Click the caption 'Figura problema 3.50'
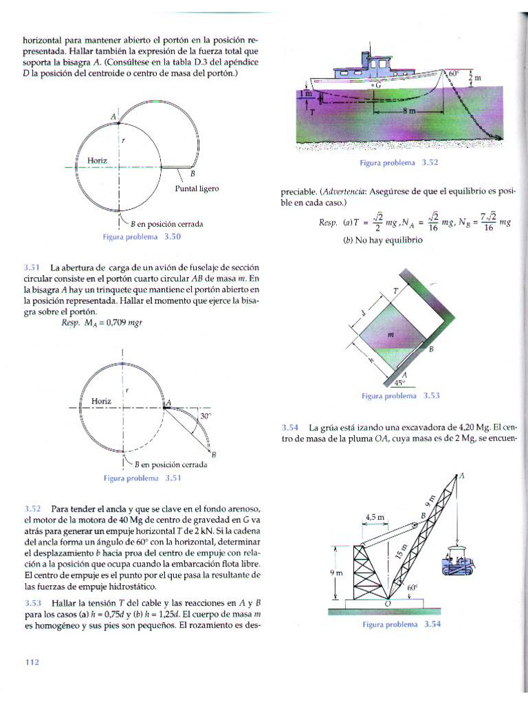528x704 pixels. [142, 236]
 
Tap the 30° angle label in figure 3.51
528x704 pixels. [204, 416]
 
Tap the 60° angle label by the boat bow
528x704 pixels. [453, 73]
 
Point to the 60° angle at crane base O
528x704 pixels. [412, 588]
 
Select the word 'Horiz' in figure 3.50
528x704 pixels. [98, 160]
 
